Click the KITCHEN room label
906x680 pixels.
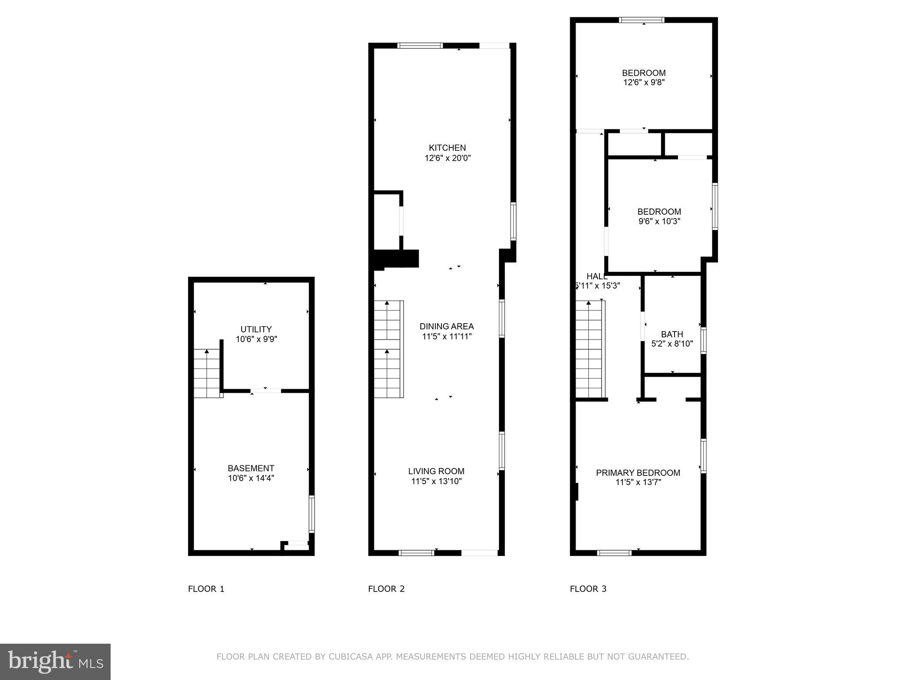point(447,148)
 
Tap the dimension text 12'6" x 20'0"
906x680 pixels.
point(447,158)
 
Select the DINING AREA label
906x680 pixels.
point(446,326)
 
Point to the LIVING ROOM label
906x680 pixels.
point(436,471)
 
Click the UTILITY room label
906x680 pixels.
point(256,329)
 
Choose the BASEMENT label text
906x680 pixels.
point(251,468)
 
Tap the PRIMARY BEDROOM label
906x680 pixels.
point(638,473)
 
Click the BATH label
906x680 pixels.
point(672,334)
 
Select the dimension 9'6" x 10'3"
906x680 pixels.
point(659,221)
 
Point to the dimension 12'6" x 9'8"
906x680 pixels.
point(644,82)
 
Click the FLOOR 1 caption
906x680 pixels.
point(206,589)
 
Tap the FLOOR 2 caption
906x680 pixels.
point(386,589)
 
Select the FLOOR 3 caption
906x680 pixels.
point(588,589)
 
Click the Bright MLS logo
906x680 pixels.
point(55,662)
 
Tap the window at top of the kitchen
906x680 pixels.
point(420,45)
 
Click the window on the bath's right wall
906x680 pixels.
point(703,340)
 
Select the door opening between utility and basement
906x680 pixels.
point(265,391)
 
